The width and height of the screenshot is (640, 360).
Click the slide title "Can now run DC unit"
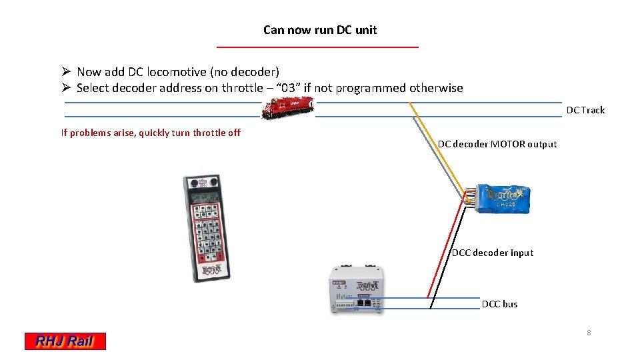320,30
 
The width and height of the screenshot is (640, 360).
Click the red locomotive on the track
287,107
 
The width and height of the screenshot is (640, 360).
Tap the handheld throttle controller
207,227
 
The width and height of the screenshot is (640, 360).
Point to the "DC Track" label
585,110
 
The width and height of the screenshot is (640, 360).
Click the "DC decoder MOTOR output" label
497,144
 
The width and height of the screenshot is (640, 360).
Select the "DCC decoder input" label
493,253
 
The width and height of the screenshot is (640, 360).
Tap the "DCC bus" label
499,304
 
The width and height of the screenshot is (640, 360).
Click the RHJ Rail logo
65,341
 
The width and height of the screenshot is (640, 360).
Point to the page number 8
589,333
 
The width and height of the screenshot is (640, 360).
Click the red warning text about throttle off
151,133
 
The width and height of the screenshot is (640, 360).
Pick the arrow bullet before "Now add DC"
66,71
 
